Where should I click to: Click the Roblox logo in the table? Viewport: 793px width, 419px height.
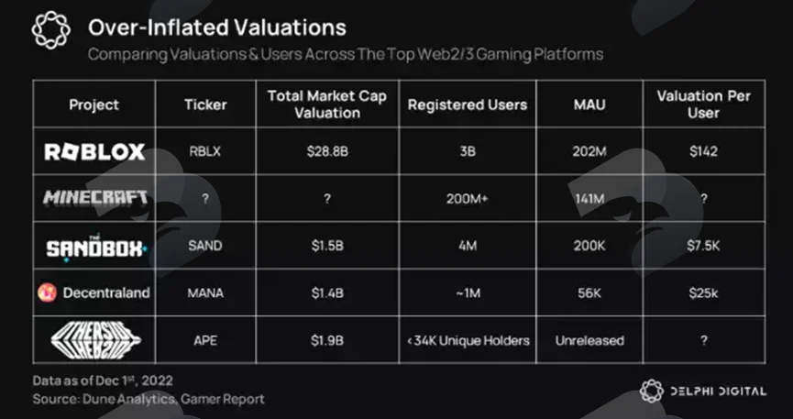(x=94, y=152)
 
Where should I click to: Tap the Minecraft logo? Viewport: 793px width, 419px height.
(x=95, y=197)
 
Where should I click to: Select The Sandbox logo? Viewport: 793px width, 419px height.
(x=96, y=248)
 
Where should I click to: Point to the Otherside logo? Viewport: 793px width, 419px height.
(x=95, y=339)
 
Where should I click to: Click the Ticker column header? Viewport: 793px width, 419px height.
(x=205, y=105)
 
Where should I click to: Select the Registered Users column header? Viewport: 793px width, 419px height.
(x=468, y=105)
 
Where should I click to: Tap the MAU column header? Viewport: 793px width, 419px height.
(x=589, y=105)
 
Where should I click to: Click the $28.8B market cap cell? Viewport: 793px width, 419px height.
(x=327, y=151)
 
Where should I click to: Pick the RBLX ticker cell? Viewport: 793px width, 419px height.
(x=205, y=151)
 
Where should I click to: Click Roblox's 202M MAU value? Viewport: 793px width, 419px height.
(x=589, y=151)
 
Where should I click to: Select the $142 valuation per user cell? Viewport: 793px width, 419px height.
(x=703, y=151)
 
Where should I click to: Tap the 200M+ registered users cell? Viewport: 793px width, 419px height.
(x=468, y=199)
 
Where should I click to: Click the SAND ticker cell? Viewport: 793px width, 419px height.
(x=205, y=246)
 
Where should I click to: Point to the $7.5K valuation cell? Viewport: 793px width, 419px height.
(x=703, y=246)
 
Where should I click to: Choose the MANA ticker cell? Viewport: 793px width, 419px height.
(x=205, y=293)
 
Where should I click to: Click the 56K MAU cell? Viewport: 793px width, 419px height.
(x=589, y=293)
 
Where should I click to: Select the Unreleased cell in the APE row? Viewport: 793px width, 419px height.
(x=589, y=340)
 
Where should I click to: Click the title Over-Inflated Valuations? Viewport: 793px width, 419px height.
(x=217, y=28)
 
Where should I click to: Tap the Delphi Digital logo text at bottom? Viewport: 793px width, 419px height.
(x=718, y=391)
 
